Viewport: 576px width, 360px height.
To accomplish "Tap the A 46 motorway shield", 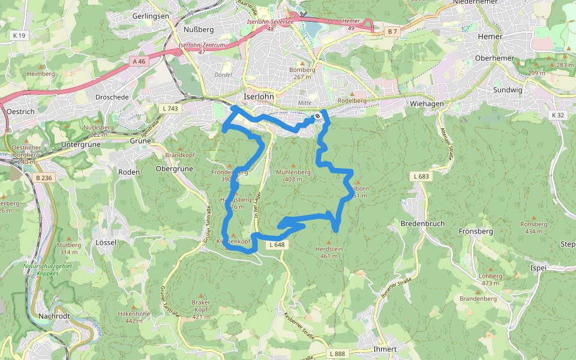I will point(139,61).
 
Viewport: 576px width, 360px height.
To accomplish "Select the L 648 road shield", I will point(277,245).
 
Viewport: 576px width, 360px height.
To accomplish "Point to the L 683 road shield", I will point(421,176).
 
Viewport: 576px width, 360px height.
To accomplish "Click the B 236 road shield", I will point(44,178).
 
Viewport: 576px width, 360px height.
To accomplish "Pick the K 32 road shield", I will point(559,115).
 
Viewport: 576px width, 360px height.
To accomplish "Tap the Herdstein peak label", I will point(329,249).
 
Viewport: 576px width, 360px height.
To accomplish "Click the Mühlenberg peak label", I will point(293,172).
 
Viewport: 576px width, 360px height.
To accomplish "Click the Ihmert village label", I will point(385,349).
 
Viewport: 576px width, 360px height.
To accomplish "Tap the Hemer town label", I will point(490,37).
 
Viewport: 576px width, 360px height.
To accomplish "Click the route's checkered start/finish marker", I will point(317,116).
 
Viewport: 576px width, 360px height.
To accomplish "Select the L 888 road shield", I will point(338,355).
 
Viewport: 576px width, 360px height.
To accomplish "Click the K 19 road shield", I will point(19,36).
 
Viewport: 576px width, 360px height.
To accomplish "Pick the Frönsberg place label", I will point(475,231).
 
